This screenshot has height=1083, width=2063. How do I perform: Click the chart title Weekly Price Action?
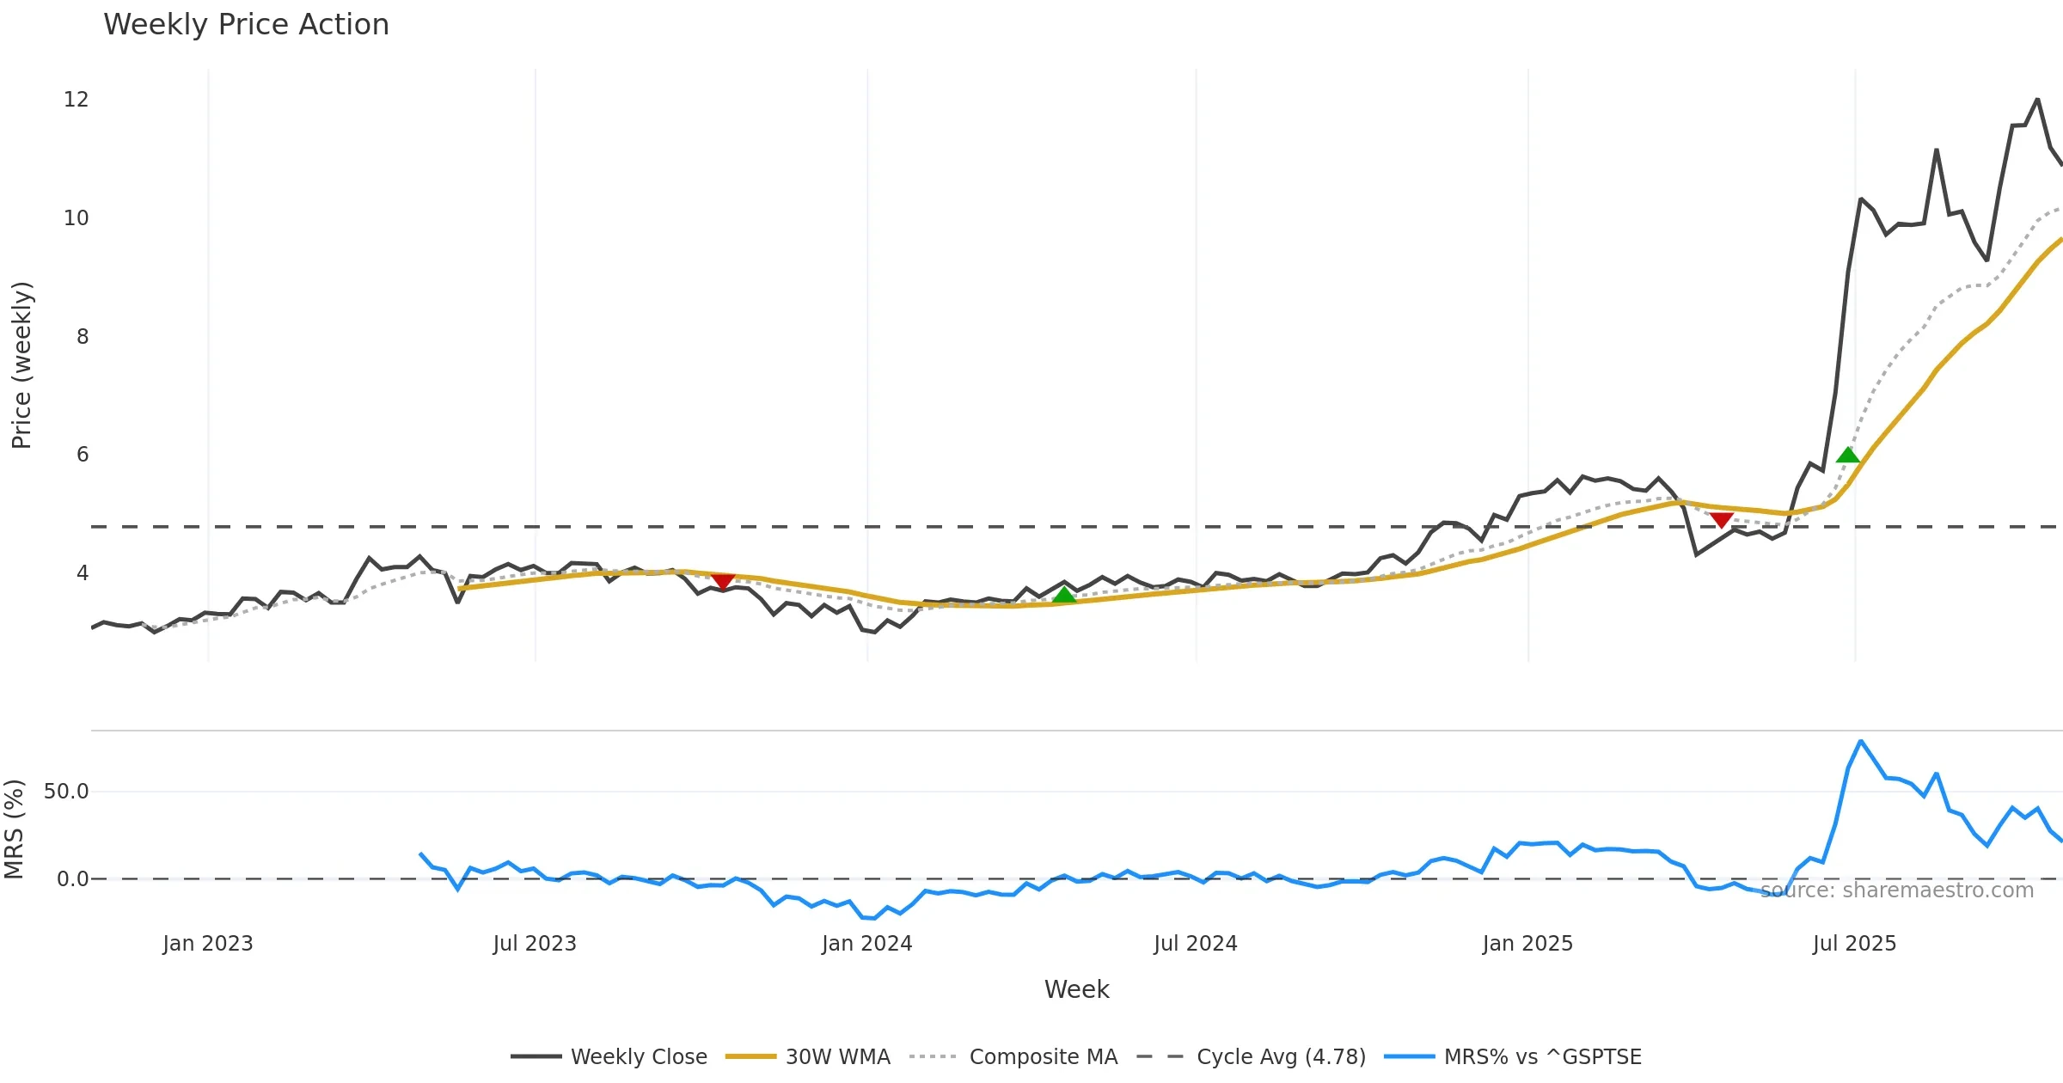246,25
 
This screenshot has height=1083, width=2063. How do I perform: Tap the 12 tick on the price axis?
76,100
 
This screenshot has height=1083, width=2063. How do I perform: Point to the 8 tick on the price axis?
82,337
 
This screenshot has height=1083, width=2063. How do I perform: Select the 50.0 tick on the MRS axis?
66,792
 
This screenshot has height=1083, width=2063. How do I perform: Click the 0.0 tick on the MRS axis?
72,879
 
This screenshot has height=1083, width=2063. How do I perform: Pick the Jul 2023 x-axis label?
535,944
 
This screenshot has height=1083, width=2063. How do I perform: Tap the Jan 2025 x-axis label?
1527,944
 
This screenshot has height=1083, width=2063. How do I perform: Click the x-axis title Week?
1076,990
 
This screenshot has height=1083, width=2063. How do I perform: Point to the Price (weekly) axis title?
21,365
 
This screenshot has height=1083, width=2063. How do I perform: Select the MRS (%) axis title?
14,829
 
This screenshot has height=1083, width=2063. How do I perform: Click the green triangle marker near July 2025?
1848,456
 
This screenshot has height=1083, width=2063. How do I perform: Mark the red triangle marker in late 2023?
723,582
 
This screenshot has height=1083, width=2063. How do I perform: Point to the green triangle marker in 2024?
1064,595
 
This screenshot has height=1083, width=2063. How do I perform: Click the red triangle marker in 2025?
1721,519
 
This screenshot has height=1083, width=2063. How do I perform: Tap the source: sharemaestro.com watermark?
1896,890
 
